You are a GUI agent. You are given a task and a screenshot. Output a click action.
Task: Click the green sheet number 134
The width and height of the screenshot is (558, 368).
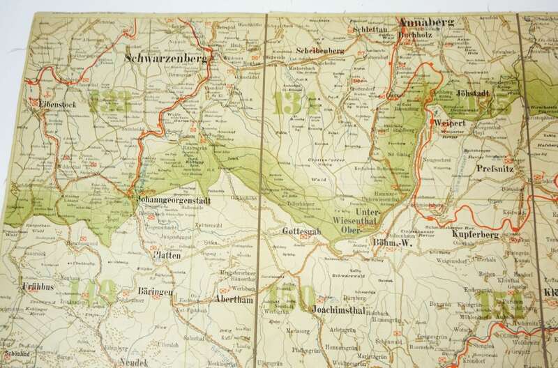click(298, 105)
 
